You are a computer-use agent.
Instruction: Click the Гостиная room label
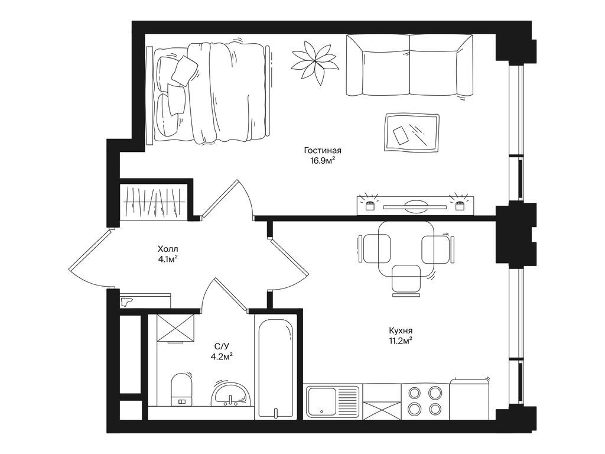[323, 150]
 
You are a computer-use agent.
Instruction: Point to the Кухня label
[401, 331]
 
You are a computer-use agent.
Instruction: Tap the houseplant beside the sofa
[314, 62]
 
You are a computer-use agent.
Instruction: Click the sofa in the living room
[409, 65]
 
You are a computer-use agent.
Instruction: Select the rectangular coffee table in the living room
[412, 132]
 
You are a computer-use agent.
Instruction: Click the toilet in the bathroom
[182, 389]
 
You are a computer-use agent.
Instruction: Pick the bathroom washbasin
[231, 394]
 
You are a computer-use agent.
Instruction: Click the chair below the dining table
[406, 281]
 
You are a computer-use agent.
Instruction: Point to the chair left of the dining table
[374, 249]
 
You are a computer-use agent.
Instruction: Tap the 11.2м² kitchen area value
[401, 340]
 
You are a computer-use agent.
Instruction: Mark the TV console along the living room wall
[415, 205]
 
